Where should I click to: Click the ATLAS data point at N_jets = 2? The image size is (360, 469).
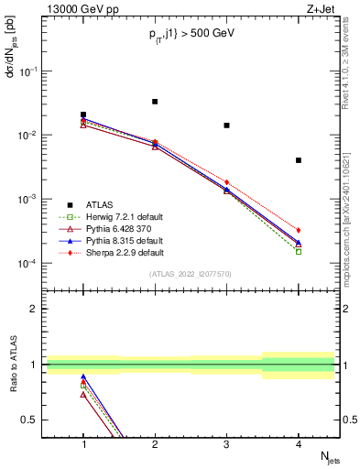point(155,102)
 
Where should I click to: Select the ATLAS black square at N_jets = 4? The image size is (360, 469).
point(299,160)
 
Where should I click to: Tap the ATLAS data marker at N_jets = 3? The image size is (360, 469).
point(226,125)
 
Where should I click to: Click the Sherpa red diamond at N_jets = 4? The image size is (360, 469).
point(299,230)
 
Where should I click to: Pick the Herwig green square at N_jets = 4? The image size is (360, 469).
point(299,251)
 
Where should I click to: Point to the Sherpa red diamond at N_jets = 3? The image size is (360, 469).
point(226,182)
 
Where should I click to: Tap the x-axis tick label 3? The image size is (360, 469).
point(226,444)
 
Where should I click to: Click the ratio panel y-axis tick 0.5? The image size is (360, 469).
point(37,420)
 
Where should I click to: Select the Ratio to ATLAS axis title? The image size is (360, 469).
point(12,365)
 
